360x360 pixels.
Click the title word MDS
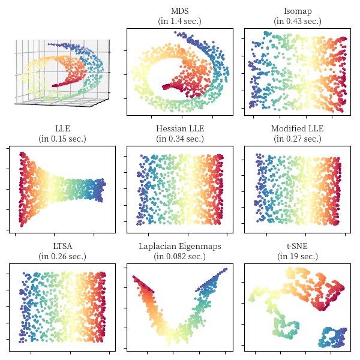tap(179, 11)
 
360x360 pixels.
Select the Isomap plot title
tap(297, 11)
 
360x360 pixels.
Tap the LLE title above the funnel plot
tap(62, 128)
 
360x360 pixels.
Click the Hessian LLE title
tap(179, 128)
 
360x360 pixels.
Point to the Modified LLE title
tap(297, 128)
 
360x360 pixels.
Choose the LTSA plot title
tap(62, 246)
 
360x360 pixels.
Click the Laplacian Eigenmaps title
tap(179, 246)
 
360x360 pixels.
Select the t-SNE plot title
tap(297, 246)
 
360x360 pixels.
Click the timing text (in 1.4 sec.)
tap(179, 22)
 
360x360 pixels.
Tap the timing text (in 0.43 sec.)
tap(297, 22)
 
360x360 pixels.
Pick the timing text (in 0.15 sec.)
tap(62, 139)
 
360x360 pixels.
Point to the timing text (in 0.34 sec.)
tap(179, 139)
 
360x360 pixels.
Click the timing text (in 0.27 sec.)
tap(297, 139)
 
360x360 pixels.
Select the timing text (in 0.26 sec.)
tap(62, 256)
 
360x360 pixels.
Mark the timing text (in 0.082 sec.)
tap(179, 256)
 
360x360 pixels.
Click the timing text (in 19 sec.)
tap(297, 256)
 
